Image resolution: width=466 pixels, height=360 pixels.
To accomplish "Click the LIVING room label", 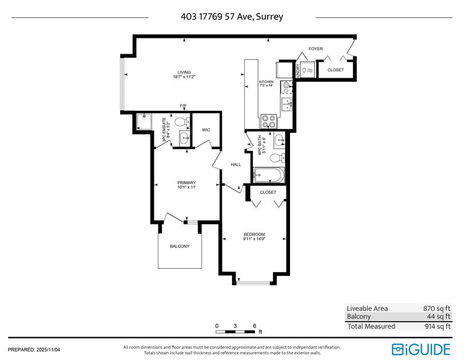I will tap(183, 73).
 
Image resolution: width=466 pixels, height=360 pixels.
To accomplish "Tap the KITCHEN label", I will tap(266, 82).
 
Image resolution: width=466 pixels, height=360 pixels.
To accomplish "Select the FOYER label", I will tap(316, 49).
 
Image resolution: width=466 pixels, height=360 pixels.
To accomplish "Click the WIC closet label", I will tap(206, 130).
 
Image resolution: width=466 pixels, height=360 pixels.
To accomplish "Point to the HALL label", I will tap(236, 165).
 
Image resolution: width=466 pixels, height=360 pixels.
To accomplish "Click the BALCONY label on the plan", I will tap(180, 246).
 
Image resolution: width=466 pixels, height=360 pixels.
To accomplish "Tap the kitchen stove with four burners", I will tap(269, 122).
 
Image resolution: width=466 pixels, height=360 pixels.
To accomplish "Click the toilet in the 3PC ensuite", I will tap(181, 122).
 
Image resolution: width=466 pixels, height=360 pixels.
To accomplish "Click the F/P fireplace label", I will tap(184, 106).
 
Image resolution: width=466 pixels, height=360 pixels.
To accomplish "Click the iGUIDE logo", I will tap(421, 349).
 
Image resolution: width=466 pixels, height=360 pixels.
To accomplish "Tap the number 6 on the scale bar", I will tap(254, 326).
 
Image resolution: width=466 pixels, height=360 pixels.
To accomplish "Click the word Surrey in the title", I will tap(270, 17).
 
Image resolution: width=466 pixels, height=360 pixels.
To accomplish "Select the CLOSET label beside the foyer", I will tap(336, 70).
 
